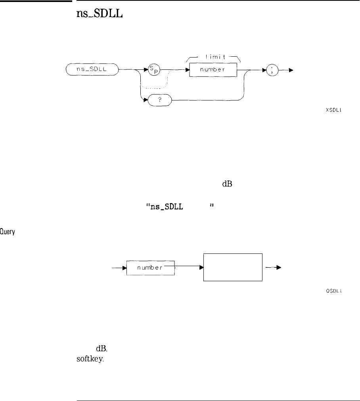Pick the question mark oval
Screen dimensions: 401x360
[x=158, y=101]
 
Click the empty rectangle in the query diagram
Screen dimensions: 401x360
[x=233, y=267]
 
